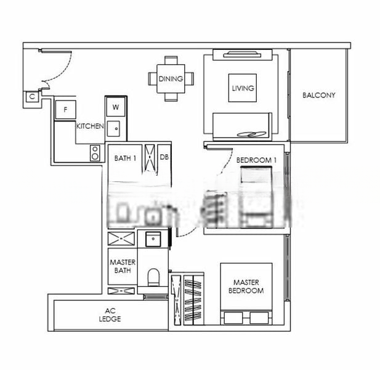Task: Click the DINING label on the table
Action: click(171, 78)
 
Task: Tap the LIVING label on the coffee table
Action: click(243, 88)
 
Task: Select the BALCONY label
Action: click(318, 95)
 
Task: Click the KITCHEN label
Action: click(90, 126)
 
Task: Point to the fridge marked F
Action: click(65, 110)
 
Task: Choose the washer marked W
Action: click(116, 107)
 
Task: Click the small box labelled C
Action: click(32, 97)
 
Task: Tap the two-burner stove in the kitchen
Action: click(95, 153)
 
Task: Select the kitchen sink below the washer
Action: click(113, 129)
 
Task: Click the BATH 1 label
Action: click(125, 158)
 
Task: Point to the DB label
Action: click(164, 157)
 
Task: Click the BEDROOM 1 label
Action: click(256, 160)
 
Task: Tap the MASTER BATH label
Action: click(123, 266)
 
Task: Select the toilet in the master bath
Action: click(153, 277)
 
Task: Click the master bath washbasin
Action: click(153, 239)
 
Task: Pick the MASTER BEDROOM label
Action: click(246, 286)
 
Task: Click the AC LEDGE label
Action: click(110, 314)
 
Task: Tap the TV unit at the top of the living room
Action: click(243, 55)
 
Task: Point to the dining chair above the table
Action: click(171, 60)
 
